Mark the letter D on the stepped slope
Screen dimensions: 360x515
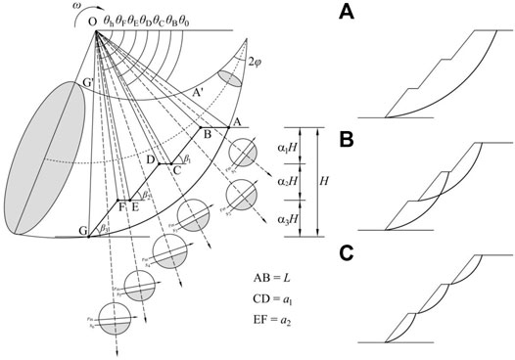point(150,158)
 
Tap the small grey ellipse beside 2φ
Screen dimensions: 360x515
point(230,74)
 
